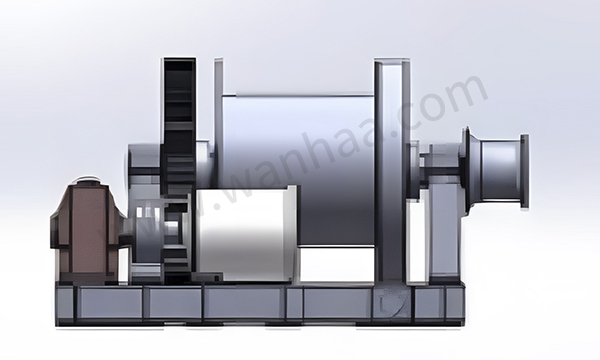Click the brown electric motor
tap(86, 231)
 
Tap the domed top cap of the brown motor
tap(86, 180)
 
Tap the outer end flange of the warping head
tap(525, 171)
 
